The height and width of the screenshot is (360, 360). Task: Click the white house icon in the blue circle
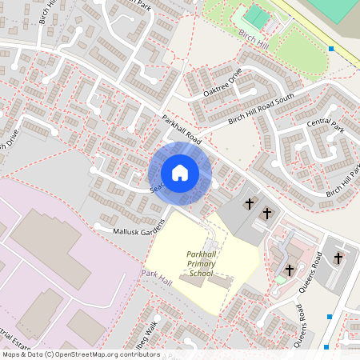[x=180, y=173]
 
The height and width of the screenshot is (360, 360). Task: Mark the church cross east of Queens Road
[x=338, y=258]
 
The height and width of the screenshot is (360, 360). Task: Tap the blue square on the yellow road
[x=331, y=49]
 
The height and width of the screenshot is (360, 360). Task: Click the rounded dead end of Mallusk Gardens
[x=98, y=225]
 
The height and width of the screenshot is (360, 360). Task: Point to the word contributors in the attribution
[x=138, y=354]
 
